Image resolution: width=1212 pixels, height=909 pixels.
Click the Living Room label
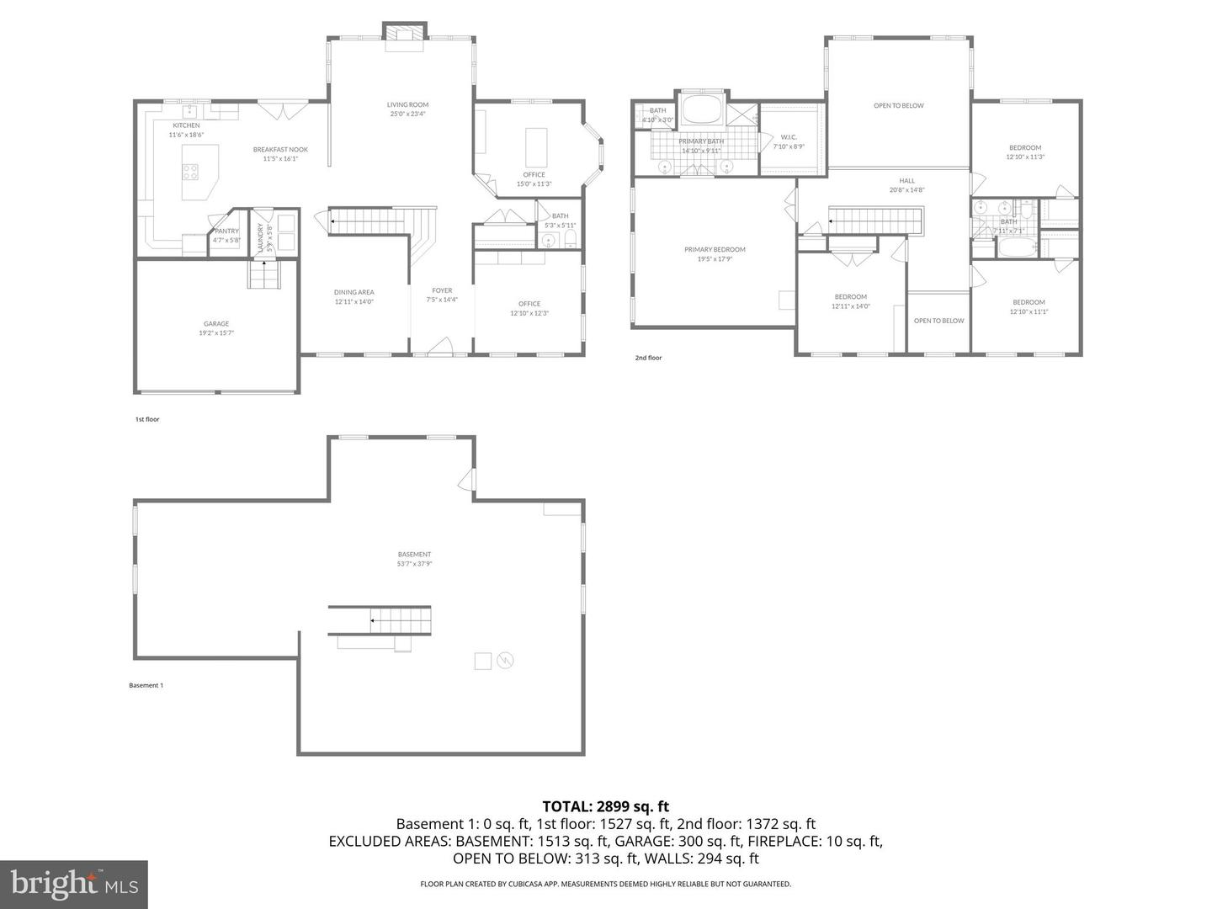[x=407, y=105]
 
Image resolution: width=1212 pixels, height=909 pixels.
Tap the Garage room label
[x=216, y=324]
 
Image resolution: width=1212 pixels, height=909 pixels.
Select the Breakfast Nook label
[x=280, y=150]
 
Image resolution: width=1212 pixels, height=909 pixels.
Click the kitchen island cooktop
[x=191, y=172]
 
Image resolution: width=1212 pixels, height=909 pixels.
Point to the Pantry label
[x=226, y=231]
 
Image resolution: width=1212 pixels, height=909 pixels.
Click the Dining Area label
[x=353, y=293]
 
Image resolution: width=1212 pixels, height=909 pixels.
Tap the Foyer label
[x=442, y=291]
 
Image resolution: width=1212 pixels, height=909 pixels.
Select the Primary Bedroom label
[x=715, y=250]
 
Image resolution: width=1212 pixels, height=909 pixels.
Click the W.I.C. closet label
[x=789, y=137]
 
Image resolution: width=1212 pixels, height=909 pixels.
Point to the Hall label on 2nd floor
[x=906, y=181]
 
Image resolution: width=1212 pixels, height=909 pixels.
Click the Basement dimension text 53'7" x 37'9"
[x=414, y=565]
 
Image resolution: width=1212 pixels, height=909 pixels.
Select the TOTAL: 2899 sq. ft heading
[x=605, y=806]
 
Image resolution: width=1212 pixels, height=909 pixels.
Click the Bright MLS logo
[x=74, y=884]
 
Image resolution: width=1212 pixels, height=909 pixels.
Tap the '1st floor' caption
[x=147, y=419]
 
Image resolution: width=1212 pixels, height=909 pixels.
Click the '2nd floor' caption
[x=648, y=358]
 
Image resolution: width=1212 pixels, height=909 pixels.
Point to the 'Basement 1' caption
[x=146, y=685]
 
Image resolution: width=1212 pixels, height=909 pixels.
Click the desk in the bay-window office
[x=535, y=147]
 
